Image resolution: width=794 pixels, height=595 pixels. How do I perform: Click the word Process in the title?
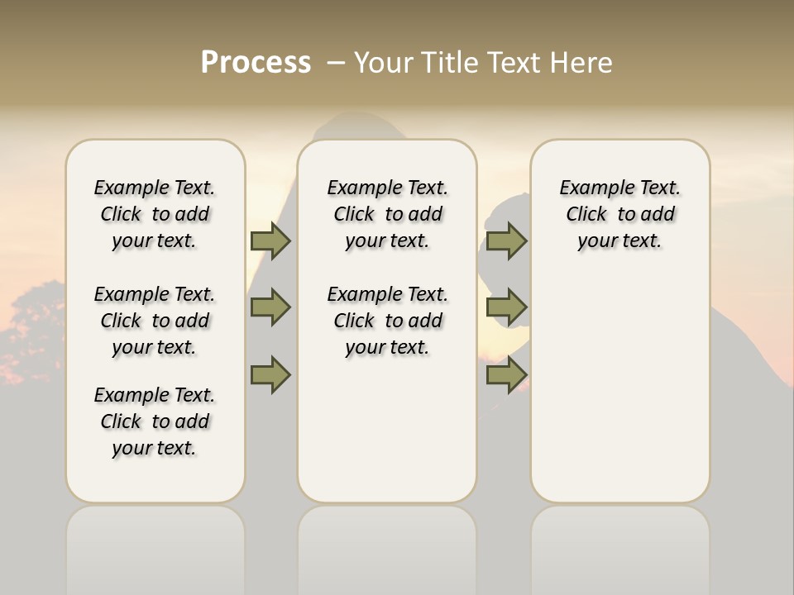pos(256,63)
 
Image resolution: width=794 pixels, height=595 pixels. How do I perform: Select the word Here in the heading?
pos(582,63)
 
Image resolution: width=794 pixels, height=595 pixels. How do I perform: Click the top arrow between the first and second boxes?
pos(270,240)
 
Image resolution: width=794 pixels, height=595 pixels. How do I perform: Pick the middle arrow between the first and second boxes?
pos(270,307)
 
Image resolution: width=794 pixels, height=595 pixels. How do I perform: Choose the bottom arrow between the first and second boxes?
pos(270,374)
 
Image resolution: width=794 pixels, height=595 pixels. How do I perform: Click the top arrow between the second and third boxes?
pos(506,240)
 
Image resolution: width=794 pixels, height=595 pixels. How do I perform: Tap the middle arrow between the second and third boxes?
pos(506,307)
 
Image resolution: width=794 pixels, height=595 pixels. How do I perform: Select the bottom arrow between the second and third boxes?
pos(506,374)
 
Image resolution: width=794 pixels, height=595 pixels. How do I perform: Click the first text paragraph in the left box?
pos(155,214)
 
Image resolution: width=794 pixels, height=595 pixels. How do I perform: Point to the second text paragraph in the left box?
pos(155,321)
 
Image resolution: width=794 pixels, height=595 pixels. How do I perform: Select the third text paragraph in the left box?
pos(155,421)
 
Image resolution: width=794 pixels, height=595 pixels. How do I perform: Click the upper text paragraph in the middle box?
pos(388,214)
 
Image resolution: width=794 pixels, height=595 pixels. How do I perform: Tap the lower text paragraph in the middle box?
pos(388,321)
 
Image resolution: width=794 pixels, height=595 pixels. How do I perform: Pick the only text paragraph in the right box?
pos(620,214)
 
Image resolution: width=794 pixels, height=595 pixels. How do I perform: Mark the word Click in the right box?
pos(586,215)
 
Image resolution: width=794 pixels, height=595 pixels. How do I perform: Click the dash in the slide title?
pos(336,63)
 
